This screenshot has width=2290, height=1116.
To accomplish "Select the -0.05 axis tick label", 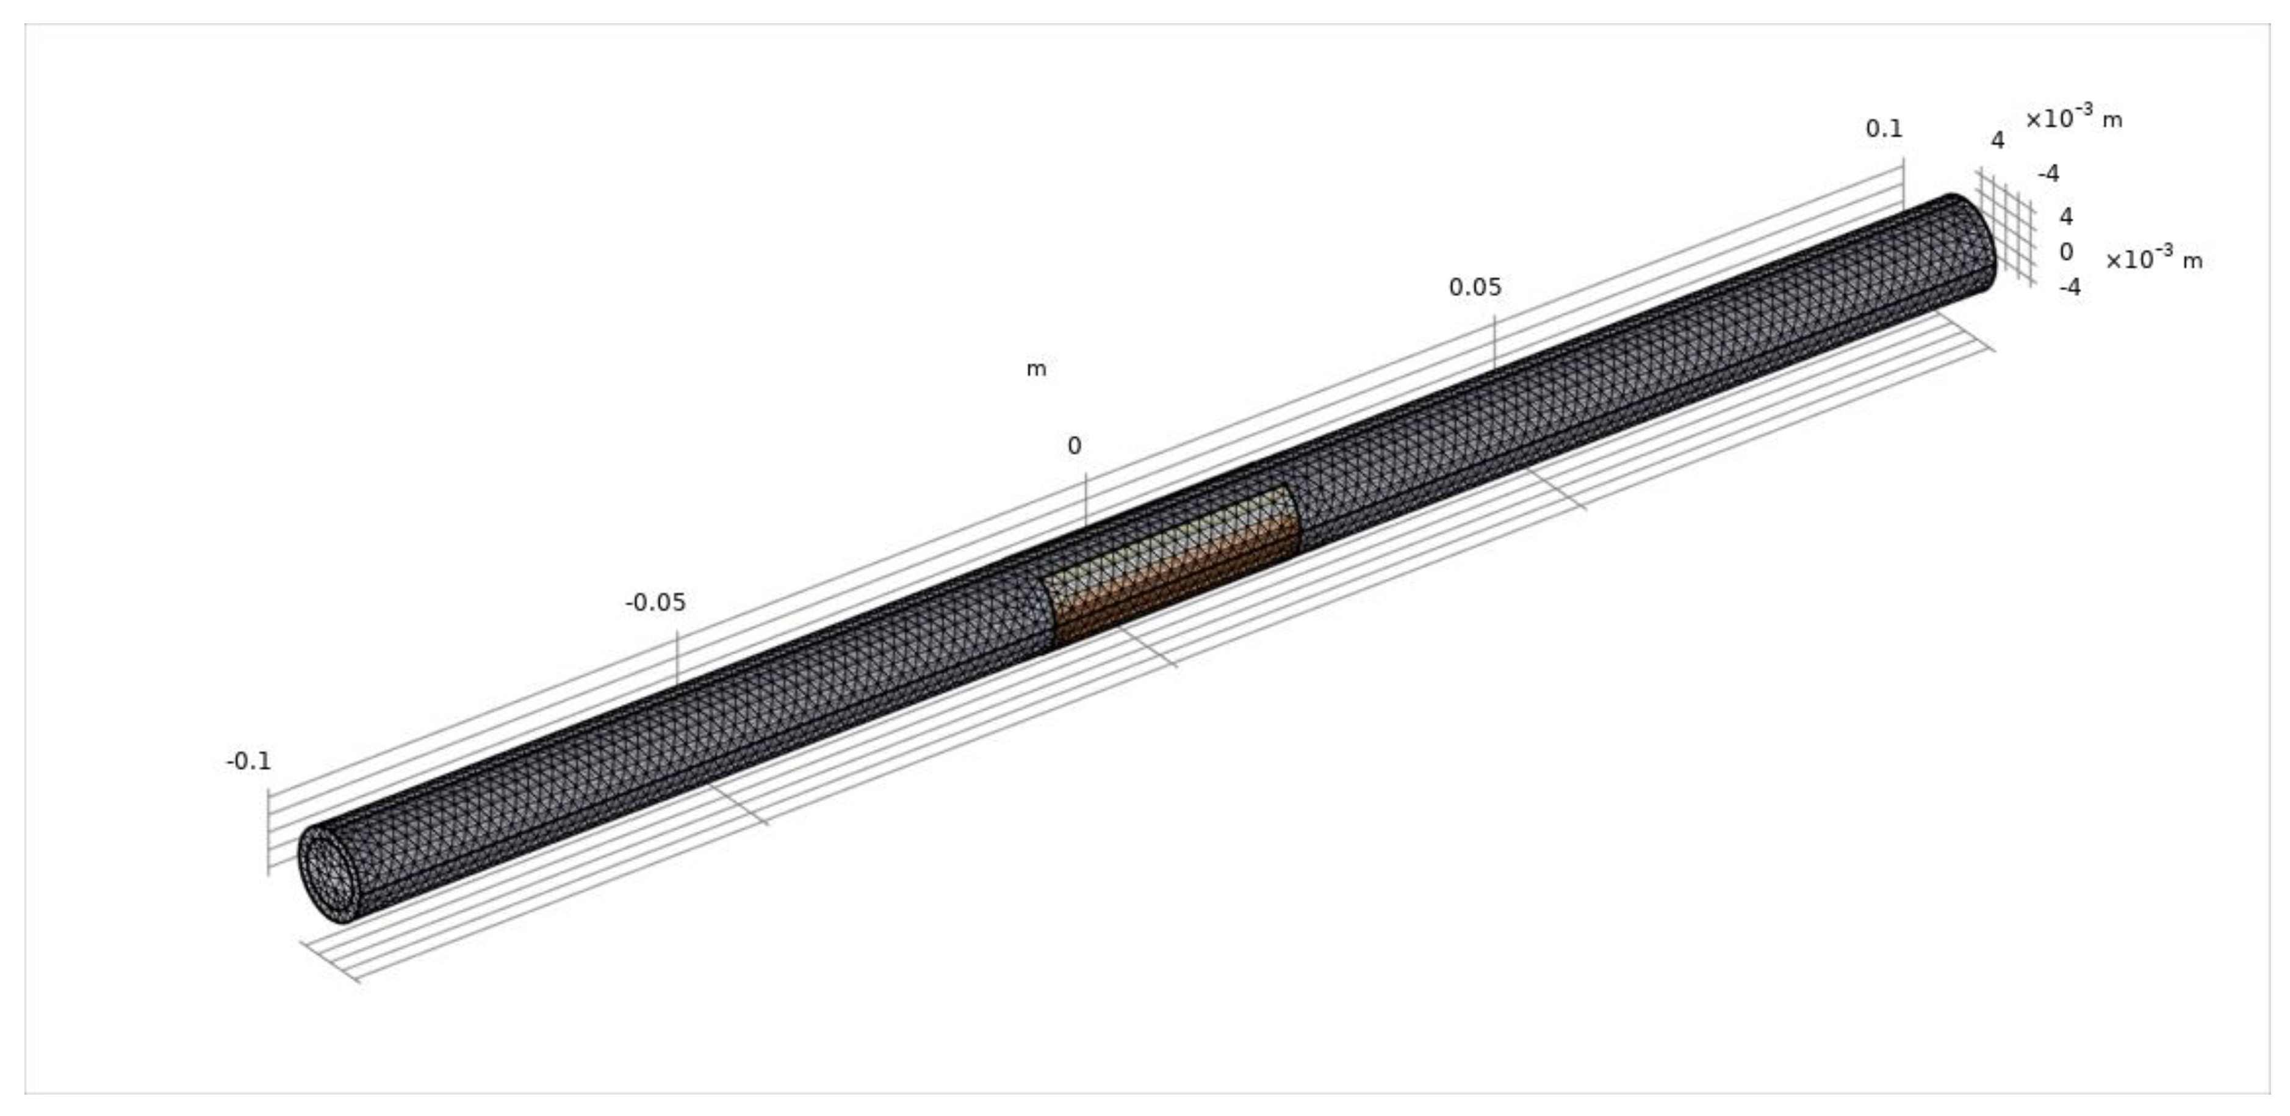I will coord(655,603).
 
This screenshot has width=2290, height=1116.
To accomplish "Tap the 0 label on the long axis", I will coord(1074,446).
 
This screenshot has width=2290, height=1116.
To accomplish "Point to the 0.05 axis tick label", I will coord(1475,287).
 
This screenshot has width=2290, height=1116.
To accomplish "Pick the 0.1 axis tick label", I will coord(1884,129).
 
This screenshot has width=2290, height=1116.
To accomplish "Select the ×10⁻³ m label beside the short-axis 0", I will coord(2153,259).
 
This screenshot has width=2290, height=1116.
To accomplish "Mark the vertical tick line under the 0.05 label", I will coord(1494,342).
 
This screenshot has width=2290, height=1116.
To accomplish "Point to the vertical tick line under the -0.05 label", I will coord(677,658).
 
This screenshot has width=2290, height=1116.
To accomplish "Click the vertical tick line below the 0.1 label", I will coord(1903,183).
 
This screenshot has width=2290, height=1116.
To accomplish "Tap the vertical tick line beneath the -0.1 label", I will coord(268,832).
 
